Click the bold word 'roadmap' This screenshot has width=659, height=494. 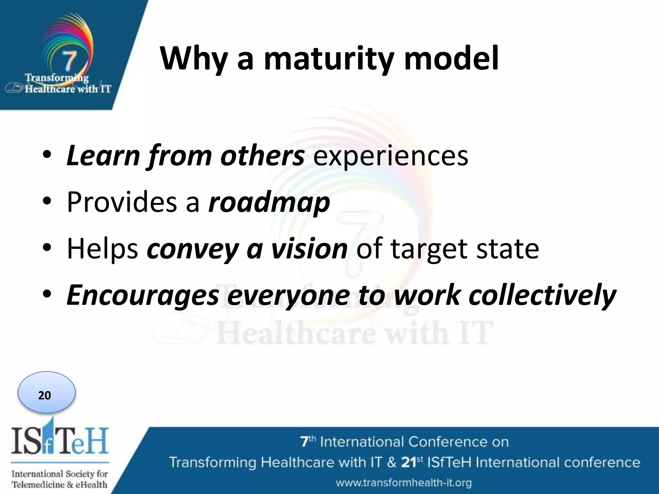(269, 203)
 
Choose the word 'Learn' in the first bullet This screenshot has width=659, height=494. (103, 156)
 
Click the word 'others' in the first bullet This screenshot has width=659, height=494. (262, 156)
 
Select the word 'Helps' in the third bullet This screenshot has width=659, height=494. (102, 249)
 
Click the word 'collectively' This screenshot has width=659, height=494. (542, 295)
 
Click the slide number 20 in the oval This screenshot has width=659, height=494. (45, 395)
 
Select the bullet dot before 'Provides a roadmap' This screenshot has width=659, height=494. (47, 202)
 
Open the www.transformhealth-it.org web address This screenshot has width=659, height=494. (404, 482)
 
